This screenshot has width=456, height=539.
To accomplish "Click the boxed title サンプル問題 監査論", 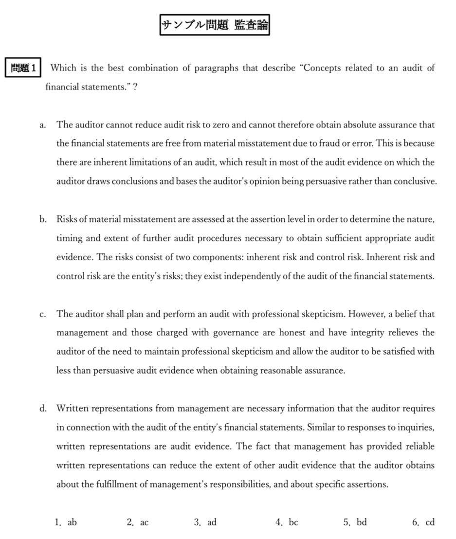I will click(215, 25).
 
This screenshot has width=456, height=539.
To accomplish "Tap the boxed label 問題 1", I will click(24, 68).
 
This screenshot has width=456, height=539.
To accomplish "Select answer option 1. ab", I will click(66, 522).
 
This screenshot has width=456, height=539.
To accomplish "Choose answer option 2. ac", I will click(138, 522).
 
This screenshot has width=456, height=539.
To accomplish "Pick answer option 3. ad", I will click(205, 522).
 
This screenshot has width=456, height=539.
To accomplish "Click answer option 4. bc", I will click(287, 522).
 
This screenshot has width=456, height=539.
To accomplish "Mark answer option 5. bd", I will click(355, 522).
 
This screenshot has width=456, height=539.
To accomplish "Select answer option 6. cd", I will click(423, 522).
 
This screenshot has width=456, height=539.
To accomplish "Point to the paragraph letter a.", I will click(43, 125).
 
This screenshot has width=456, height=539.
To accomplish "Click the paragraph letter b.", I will click(43, 219).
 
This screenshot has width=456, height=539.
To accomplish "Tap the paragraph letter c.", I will click(43, 314).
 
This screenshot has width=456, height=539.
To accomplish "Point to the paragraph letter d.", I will click(43, 409).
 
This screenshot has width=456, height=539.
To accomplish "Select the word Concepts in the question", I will click(323, 68).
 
